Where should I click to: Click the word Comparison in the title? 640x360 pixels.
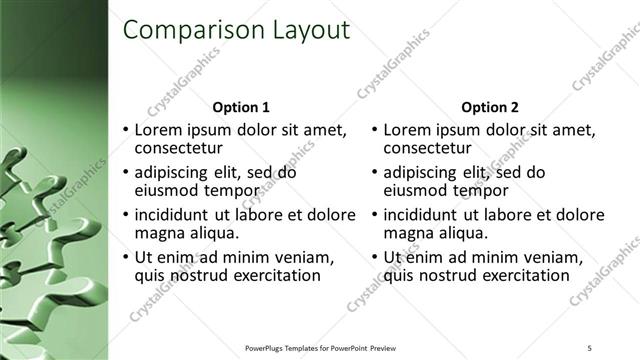click(187, 31)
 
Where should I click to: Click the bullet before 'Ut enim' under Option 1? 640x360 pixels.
click(125, 258)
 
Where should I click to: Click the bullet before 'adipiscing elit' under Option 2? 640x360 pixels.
click(374, 173)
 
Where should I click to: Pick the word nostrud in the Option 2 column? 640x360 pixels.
click(443, 276)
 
